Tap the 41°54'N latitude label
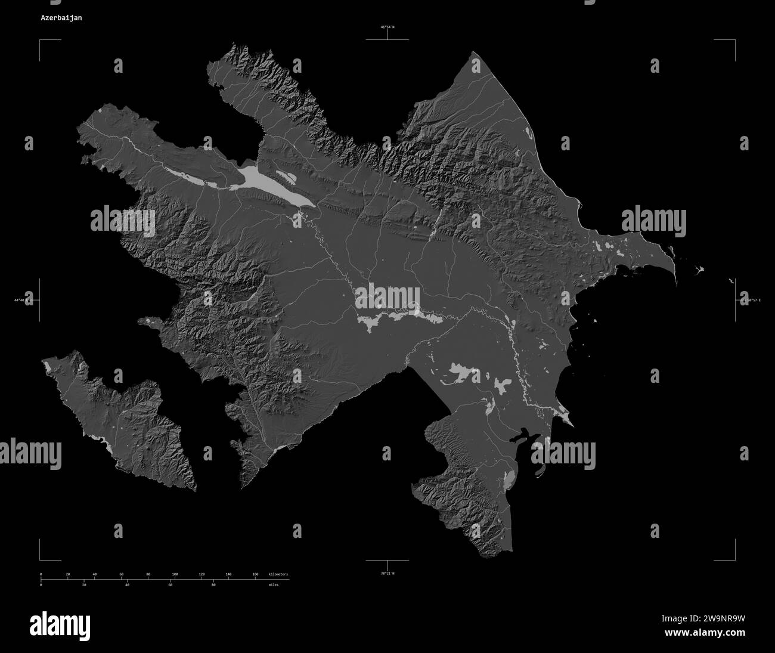click(x=387, y=27)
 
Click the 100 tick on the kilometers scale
click(x=175, y=574)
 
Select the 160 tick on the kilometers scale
click(x=255, y=574)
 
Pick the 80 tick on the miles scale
click(x=213, y=585)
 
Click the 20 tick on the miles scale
click(x=83, y=585)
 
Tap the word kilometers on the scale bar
click(x=278, y=574)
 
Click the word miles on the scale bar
click(x=274, y=585)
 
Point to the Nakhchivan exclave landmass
click(x=119, y=417)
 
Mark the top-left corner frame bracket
click(x=42, y=42)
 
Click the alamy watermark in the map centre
click(x=387, y=296)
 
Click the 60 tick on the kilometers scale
click(x=121, y=574)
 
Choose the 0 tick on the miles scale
click(x=41, y=585)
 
